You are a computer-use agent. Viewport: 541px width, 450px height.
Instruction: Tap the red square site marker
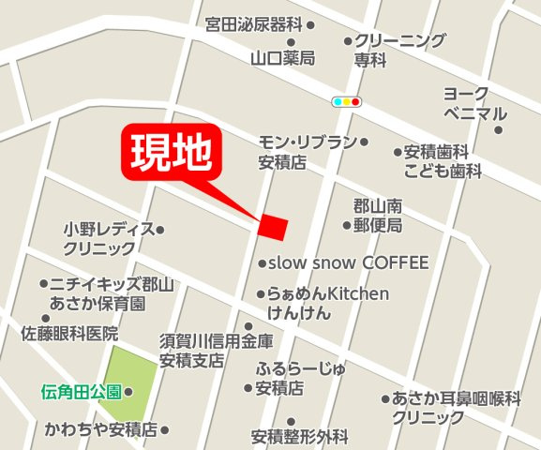coord(273,227)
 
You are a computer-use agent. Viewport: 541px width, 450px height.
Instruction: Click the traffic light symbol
coord(347,101)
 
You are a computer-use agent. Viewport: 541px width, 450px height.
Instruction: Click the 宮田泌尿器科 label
coord(254,26)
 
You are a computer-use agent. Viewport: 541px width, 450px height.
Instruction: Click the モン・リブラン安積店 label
coord(307,152)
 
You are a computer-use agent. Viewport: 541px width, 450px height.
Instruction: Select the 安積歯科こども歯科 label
coord(443,161)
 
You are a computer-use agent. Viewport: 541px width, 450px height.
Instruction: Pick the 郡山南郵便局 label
coord(378,216)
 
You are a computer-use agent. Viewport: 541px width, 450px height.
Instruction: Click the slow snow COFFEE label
coord(348,262)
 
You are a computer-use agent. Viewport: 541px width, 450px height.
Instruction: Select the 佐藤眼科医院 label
coord(71,333)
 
